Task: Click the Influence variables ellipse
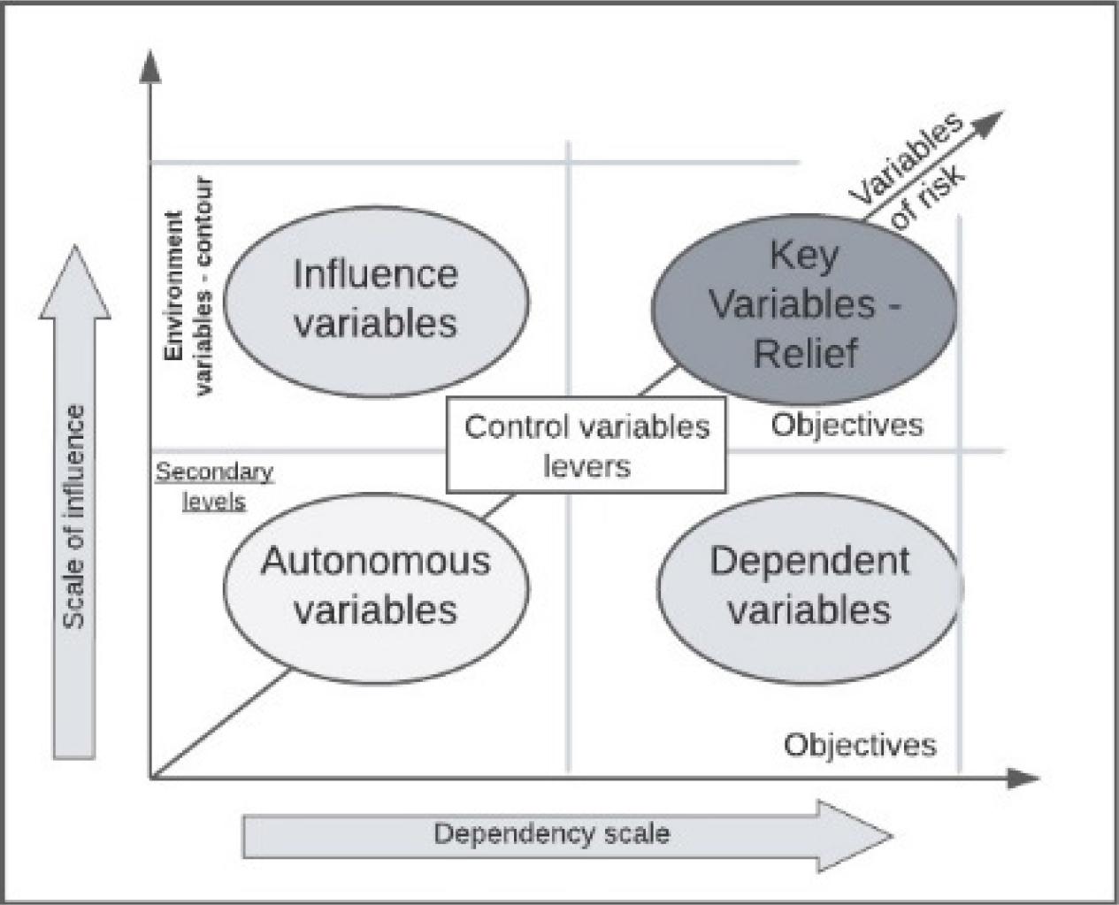click(376, 301)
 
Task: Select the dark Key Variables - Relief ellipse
click(804, 305)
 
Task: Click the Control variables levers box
click(586, 445)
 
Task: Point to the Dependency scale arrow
click(566, 834)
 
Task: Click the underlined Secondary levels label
click(215, 487)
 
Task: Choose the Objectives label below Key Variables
click(847, 426)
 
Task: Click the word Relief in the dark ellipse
click(805, 354)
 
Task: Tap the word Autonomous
click(375, 561)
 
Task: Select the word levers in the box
click(586, 465)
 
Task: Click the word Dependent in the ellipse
click(809, 561)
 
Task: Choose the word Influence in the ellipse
click(375, 274)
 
